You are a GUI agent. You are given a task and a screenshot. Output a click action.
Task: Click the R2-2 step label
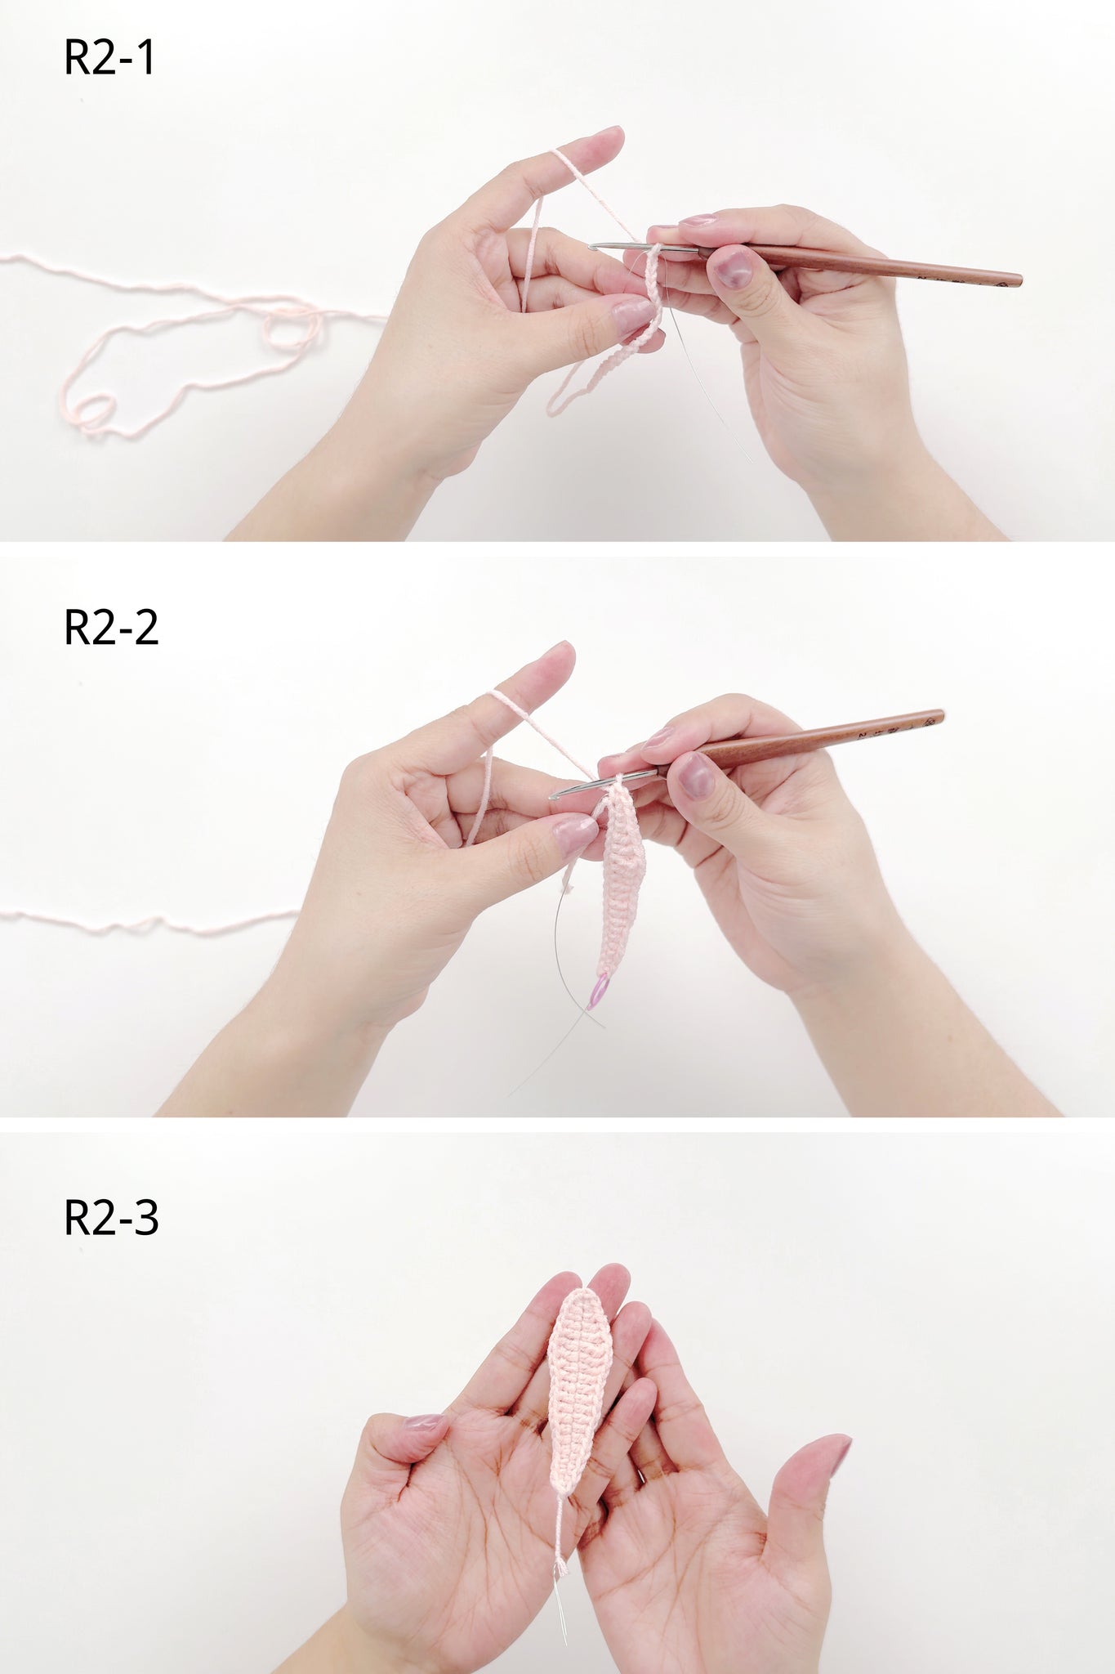tap(111, 628)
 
